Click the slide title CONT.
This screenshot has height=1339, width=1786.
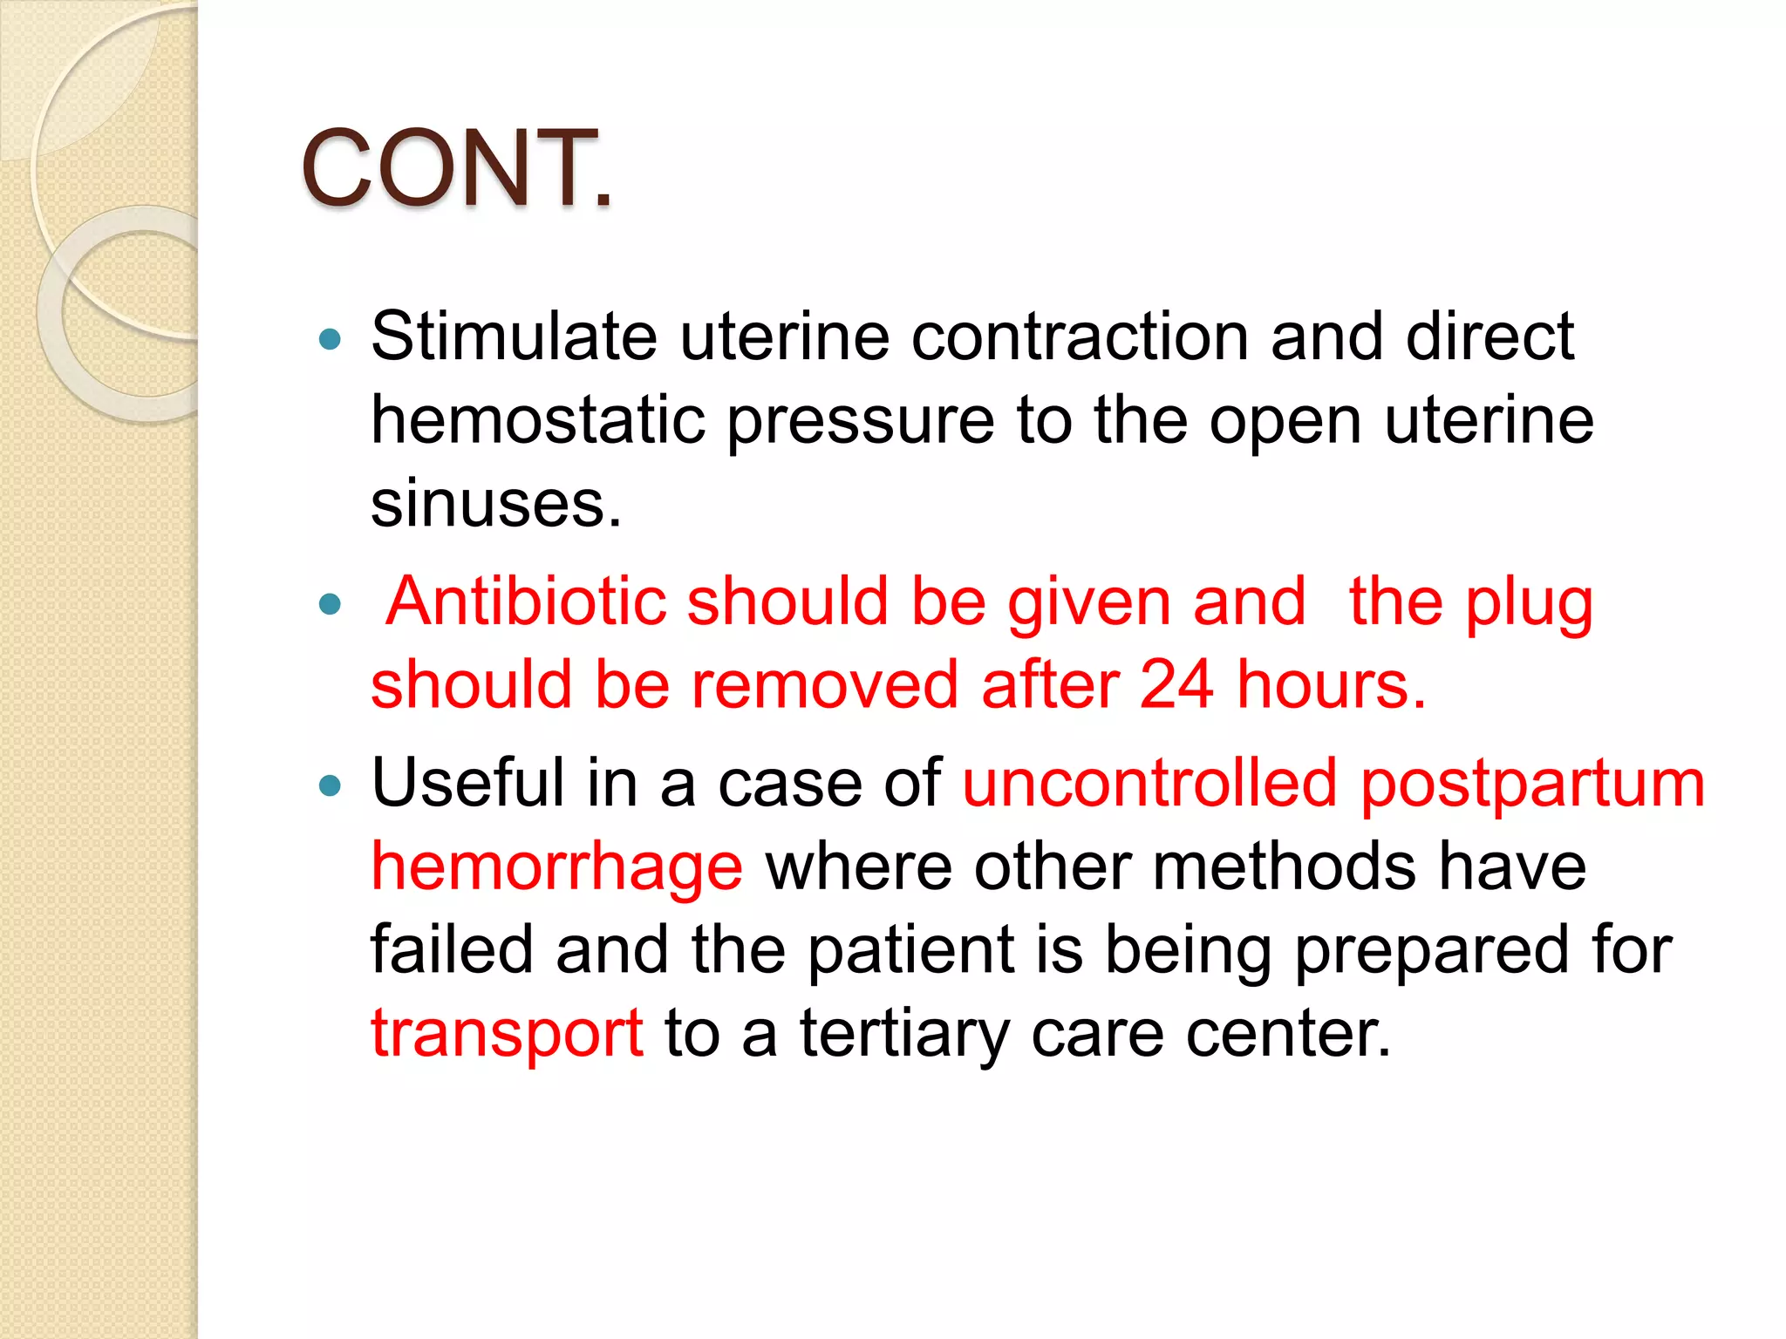pyautogui.click(x=456, y=168)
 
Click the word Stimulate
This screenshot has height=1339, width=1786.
pyautogui.click(x=514, y=336)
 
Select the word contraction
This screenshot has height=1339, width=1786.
pyautogui.click(x=1080, y=336)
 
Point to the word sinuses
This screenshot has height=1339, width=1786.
pyautogui.click(x=495, y=504)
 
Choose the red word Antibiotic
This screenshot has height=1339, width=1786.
pyautogui.click(x=525, y=602)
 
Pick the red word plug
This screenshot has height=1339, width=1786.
pyautogui.click(x=1529, y=603)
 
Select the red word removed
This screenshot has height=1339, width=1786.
pyautogui.click(x=825, y=685)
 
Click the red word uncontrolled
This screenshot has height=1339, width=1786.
pyautogui.click(x=1149, y=783)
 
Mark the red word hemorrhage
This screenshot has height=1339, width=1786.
pyautogui.click(x=556, y=868)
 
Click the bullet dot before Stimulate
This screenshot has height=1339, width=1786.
pyautogui.click(x=330, y=339)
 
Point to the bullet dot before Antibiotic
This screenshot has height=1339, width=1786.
pyautogui.click(x=330, y=604)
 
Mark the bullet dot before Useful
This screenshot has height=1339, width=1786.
pyautogui.click(x=330, y=785)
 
